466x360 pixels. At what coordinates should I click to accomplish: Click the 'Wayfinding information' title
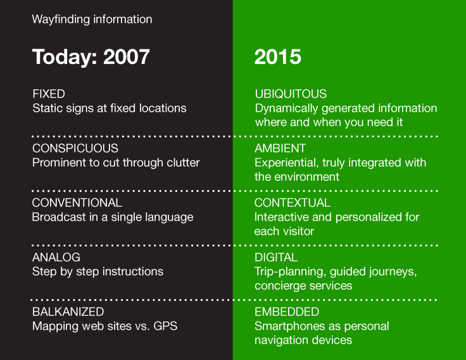(92, 19)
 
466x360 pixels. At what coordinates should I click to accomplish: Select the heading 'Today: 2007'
(91, 56)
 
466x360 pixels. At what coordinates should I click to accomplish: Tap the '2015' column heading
(277, 56)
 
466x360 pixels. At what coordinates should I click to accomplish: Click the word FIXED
(49, 94)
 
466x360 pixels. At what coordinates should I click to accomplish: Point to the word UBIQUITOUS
(291, 94)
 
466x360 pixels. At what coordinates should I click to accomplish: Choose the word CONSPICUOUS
(75, 148)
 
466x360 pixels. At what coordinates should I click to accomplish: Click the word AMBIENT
(280, 148)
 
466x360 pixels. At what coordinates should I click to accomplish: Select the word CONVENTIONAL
(77, 203)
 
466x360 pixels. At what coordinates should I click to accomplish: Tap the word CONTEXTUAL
(293, 203)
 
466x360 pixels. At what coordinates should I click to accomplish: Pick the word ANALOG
(56, 257)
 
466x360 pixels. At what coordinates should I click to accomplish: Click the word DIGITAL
(275, 257)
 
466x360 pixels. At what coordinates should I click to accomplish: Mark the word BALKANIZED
(68, 312)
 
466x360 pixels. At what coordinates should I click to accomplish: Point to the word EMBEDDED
(286, 312)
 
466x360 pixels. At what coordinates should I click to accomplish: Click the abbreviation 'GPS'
(166, 326)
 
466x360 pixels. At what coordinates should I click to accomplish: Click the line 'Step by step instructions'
(98, 272)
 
